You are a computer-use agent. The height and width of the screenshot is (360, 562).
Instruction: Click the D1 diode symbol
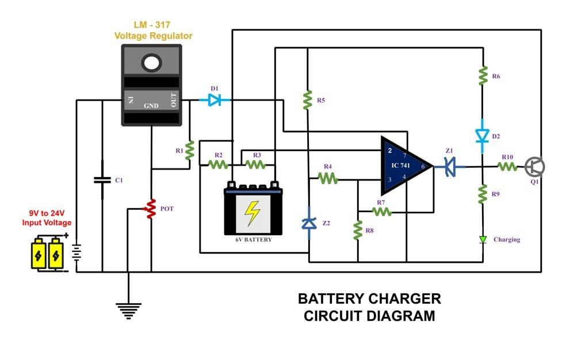pyautogui.click(x=215, y=100)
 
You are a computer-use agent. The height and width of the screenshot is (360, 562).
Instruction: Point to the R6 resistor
pyautogui.click(x=483, y=75)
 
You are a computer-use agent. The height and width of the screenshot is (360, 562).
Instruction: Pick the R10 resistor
pyautogui.click(x=507, y=167)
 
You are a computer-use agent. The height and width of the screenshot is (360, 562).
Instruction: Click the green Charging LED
pyautogui.click(x=483, y=239)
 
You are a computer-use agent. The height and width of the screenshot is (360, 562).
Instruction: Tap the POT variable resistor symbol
pyautogui.click(x=151, y=209)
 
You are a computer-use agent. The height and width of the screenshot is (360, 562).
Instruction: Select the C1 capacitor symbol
pyautogui.click(x=102, y=180)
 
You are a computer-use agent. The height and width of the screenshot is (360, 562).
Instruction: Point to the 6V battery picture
pyautogui.click(x=253, y=209)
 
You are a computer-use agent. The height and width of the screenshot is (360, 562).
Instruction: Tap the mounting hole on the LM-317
pyautogui.click(x=152, y=62)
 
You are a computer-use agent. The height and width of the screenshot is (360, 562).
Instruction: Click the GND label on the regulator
pyautogui.click(x=151, y=106)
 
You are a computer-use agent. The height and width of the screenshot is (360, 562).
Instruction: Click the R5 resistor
pyautogui.click(x=308, y=100)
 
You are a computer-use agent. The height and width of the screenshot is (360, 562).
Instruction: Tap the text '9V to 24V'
pyautogui.click(x=47, y=213)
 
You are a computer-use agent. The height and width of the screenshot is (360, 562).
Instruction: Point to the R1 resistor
pyautogui.click(x=189, y=151)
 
